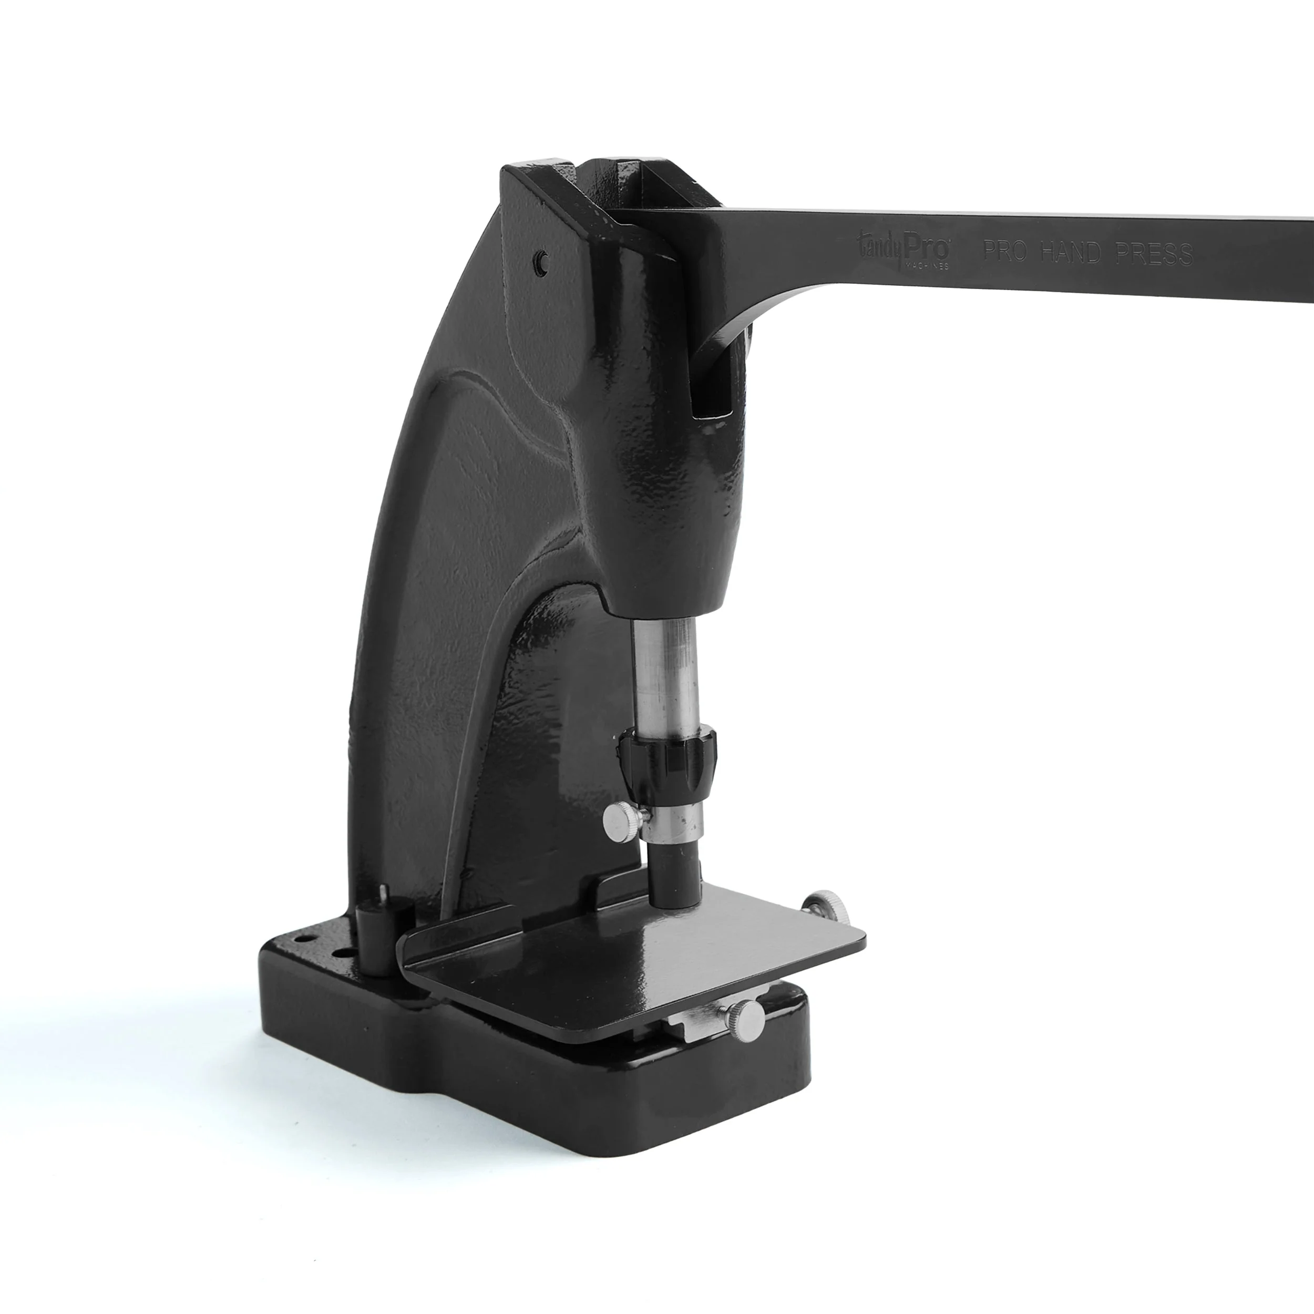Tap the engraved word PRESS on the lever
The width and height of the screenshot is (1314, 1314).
click(1155, 254)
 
